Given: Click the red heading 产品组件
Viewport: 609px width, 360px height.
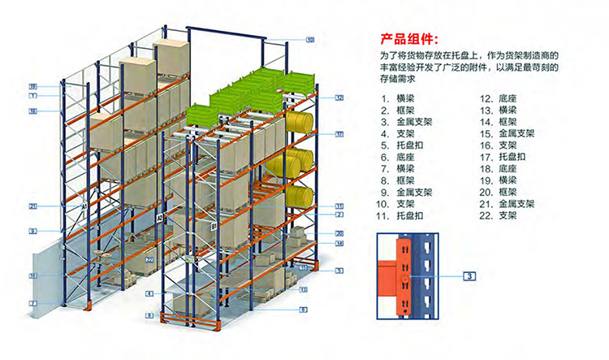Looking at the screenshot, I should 408,37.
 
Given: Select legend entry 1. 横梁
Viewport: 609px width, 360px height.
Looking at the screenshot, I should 398,97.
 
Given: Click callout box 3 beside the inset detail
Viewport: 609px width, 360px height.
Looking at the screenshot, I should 469,276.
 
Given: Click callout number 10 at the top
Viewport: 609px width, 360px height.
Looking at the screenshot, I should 309,38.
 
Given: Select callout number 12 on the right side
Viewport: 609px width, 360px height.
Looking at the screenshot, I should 339,98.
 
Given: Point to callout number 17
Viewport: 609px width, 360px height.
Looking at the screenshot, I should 339,133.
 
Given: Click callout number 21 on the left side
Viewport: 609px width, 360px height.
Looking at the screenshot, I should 33,206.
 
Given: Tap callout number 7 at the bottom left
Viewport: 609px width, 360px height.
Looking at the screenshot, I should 33,302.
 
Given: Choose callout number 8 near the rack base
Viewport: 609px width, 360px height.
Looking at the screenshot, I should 149,314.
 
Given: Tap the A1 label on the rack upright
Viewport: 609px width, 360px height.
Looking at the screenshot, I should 83,207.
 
